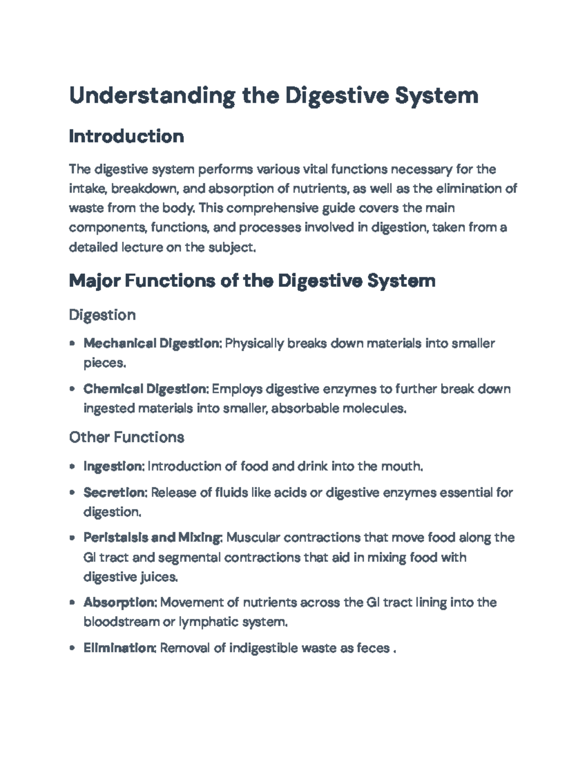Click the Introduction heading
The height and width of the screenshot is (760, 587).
(x=126, y=136)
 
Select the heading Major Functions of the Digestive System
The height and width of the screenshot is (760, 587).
(x=252, y=281)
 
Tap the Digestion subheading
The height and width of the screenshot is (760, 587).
(x=102, y=315)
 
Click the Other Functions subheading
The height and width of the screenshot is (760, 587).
(x=126, y=437)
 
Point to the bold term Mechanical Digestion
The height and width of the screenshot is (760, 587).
(x=152, y=344)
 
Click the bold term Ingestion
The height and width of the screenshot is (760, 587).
(x=113, y=466)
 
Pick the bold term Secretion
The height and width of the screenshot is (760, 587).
(x=115, y=492)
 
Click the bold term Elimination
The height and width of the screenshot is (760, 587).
(x=120, y=648)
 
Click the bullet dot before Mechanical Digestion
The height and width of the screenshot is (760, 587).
(x=72, y=344)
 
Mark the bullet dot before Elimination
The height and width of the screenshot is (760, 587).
(x=72, y=649)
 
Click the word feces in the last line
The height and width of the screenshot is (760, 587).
(x=373, y=648)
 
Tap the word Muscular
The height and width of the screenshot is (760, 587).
(x=253, y=538)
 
